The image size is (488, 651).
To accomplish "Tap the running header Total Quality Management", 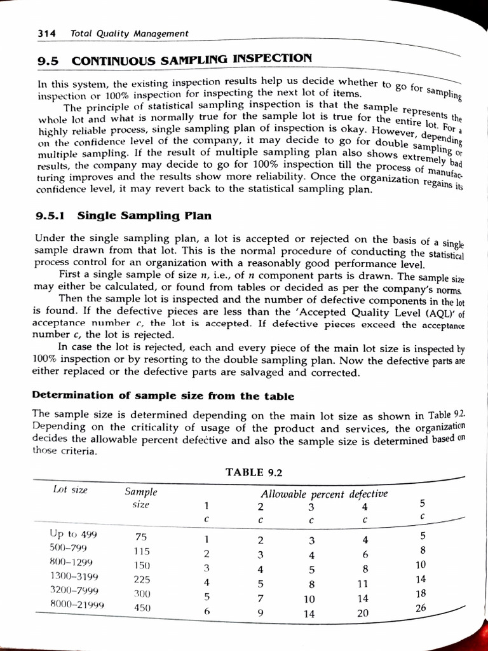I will pyautogui.click(x=130, y=33).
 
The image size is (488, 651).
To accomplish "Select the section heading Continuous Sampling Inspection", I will pyautogui.click(x=192, y=60).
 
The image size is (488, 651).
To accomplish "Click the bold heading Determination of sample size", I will pyautogui.click(x=163, y=395).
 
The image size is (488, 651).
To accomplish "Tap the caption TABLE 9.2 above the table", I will pyautogui.click(x=254, y=472).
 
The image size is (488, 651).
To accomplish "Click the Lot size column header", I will pyautogui.click(x=71, y=490).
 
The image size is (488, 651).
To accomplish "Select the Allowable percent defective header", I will pyautogui.click(x=324, y=494).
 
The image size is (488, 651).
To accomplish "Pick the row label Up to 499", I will pyautogui.click(x=73, y=534).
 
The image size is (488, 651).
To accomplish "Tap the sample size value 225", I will pyautogui.click(x=142, y=579).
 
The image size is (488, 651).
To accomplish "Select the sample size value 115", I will pyautogui.click(x=142, y=551).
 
